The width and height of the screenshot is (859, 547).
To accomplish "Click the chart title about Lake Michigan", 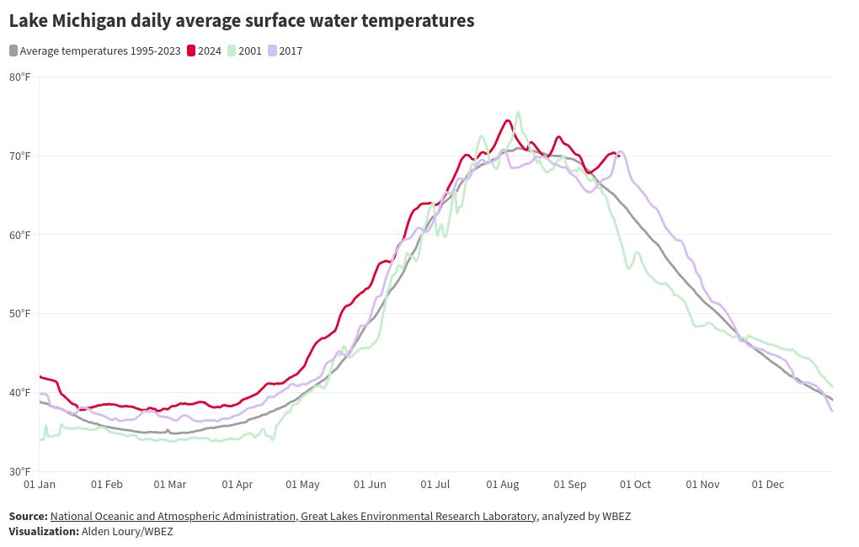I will tap(242, 21).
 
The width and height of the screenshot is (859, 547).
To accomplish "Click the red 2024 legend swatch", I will tap(191, 51).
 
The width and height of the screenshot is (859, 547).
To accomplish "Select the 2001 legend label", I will tap(250, 51).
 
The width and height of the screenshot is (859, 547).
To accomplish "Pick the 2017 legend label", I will tap(291, 51).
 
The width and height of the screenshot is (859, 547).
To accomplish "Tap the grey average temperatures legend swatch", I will tap(13, 51).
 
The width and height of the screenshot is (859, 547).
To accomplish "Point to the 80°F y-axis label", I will tap(20, 77).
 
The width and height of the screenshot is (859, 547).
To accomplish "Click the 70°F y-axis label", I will tap(20, 156).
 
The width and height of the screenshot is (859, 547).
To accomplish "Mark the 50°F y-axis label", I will tap(20, 314).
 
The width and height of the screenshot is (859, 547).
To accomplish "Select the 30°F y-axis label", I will tap(20, 471).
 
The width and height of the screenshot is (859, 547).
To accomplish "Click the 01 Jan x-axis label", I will tap(40, 485).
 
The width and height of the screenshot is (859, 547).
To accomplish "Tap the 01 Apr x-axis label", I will tap(237, 485).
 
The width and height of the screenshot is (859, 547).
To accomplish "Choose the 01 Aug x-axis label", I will tap(503, 485).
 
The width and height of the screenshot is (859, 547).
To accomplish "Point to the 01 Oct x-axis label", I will tap(636, 485).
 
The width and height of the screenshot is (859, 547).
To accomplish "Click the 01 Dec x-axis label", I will tap(768, 485).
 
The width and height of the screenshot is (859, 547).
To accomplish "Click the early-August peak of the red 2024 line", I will tap(508, 120).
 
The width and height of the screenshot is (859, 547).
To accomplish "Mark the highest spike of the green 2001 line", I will tap(518, 112).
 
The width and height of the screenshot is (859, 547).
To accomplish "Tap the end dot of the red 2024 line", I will tap(619, 156).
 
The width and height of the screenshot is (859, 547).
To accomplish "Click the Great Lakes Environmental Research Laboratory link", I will tap(418, 517).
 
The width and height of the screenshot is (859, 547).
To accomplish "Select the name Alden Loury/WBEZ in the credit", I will tap(127, 532).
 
